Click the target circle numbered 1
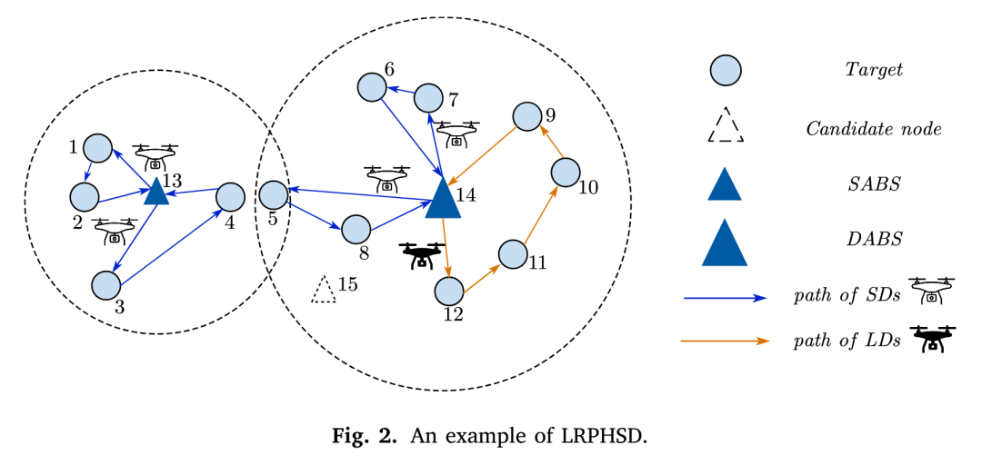[x=97, y=149]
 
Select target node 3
[x=106, y=285]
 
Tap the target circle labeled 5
[x=274, y=195]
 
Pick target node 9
[x=526, y=116]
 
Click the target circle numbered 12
[x=448, y=292]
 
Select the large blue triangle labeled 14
[x=443, y=197]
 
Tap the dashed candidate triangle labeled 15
[x=323, y=291]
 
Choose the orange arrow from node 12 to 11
[x=481, y=279]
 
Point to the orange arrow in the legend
[x=726, y=341]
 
